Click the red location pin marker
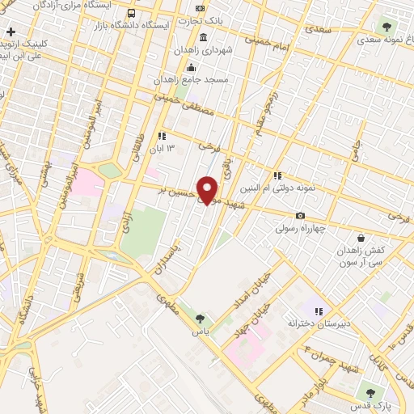pyautogui.click(x=208, y=189)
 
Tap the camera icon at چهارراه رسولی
pyautogui.click(x=301, y=215)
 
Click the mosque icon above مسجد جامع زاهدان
pyautogui.click(x=191, y=66)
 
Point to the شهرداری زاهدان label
pyautogui.click(x=201, y=50)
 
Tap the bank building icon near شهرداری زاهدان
pyautogui.click(x=202, y=37)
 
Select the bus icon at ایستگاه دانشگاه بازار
pyautogui.click(x=132, y=14)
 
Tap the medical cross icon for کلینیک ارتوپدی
pyautogui.click(x=11, y=32)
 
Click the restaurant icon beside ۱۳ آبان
pyautogui.click(x=162, y=136)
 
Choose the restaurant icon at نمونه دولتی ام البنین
pyautogui.click(x=277, y=175)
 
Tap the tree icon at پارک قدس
pyautogui.click(x=371, y=390)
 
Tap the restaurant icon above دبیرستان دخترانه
pyautogui.click(x=319, y=310)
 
